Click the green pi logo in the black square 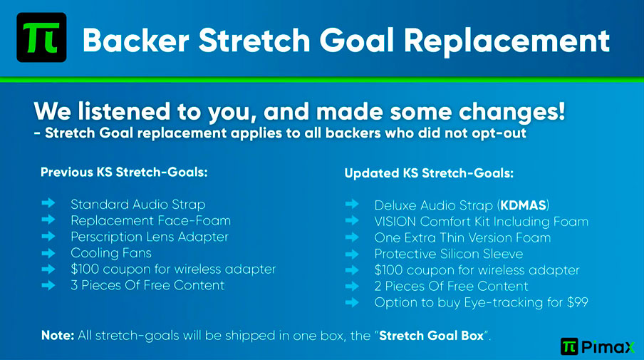tap(41, 37)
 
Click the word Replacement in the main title tap(507, 41)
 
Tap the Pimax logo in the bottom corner tap(598, 347)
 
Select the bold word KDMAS tap(523, 205)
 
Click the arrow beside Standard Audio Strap tap(48, 203)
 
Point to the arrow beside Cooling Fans tap(48, 253)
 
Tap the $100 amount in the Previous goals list tap(85, 269)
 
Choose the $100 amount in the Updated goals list tap(388, 270)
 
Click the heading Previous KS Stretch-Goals tap(124, 172)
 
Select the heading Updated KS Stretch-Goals tap(429, 173)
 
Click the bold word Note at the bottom tap(58, 335)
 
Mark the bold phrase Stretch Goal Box tap(431, 336)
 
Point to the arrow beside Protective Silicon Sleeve tap(352, 254)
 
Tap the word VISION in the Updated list tap(395, 222)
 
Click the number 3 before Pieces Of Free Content tap(74, 285)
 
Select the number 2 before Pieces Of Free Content tap(378, 286)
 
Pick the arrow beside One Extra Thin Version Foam tap(352, 237)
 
